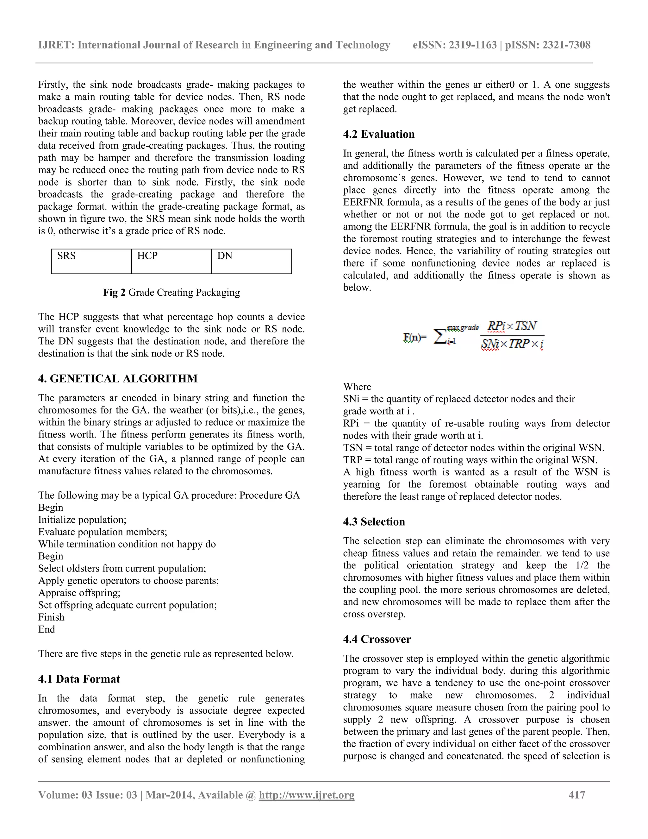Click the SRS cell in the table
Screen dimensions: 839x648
(x=91, y=261)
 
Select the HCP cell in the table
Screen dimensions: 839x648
(x=171, y=261)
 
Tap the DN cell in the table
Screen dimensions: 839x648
(x=252, y=261)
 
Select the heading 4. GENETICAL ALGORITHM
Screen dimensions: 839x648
(x=118, y=379)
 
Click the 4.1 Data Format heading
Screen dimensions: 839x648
(x=79, y=679)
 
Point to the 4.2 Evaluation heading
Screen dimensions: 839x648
(x=378, y=135)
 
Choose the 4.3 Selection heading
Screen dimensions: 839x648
(x=374, y=522)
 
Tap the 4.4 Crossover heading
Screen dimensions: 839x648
(x=377, y=640)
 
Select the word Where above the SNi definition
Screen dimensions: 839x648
(x=357, y=387)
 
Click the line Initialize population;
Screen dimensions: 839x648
(x=82, y=520)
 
